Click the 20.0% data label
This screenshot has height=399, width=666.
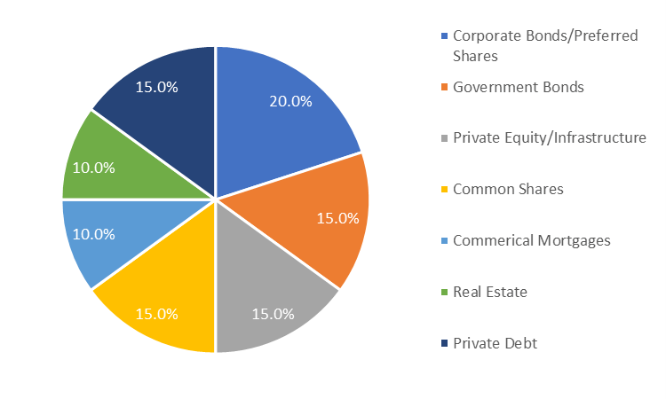[290, 101]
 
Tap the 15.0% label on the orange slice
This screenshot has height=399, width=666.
[337, 218]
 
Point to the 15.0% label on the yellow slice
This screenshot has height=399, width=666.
[157, 313]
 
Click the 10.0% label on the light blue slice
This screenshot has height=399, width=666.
[93, 234]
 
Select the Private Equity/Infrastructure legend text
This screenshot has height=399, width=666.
[549, 137]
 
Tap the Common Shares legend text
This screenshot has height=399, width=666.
[508, 189]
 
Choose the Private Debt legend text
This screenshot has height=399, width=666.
[495, 343]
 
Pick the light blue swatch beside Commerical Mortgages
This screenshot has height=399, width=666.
[444, 241]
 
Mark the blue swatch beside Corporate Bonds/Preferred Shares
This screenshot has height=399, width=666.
[444, 36]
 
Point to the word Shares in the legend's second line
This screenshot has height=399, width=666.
[475, 55]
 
